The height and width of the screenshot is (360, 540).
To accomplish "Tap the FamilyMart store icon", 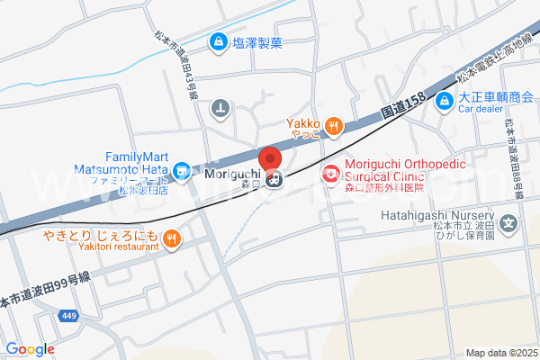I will (x=182, y=167).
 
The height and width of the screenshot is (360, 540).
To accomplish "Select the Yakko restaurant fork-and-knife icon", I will (x=333, y=126).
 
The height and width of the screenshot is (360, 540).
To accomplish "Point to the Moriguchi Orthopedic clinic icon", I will (x=331, y=171).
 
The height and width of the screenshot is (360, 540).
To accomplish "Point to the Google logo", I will (x=30, y=349).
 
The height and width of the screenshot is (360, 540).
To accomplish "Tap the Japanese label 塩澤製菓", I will (x=257, y=41).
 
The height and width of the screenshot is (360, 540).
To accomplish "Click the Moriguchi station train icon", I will (x=275, y=177).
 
